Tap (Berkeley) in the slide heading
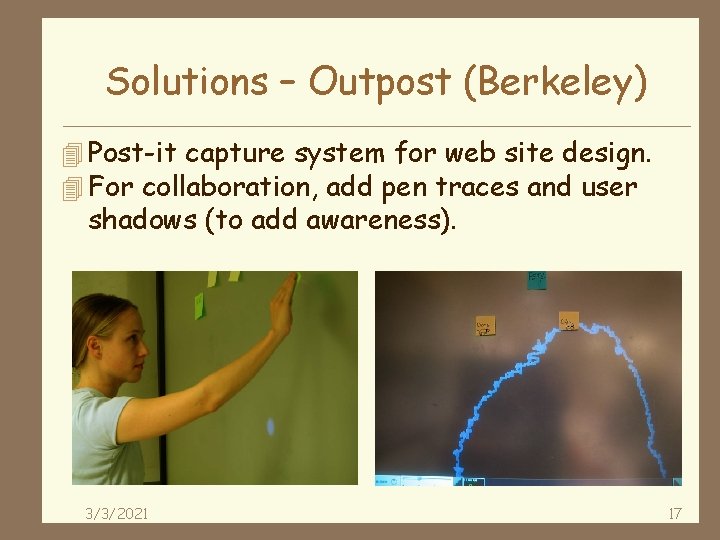pyautogui.click(x=554, y=82)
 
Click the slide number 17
pyautogui.click(x=674, y=514)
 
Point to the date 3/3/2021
pyautogui.click(x=117, y=514)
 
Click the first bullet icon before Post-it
pyautogui.click(x=70, y=155)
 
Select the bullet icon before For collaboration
pyautogui.click(x=70, y=187)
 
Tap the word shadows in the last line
pyautogui.click(x=142, y=220)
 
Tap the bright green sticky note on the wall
pyautogui.click(x=199, y=304)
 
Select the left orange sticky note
pyautogui.click(x=485, y=326)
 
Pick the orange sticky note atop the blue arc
pyautogui.click(x=569, y=320)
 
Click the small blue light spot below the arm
pyautogui.click(x=270, y=427)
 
